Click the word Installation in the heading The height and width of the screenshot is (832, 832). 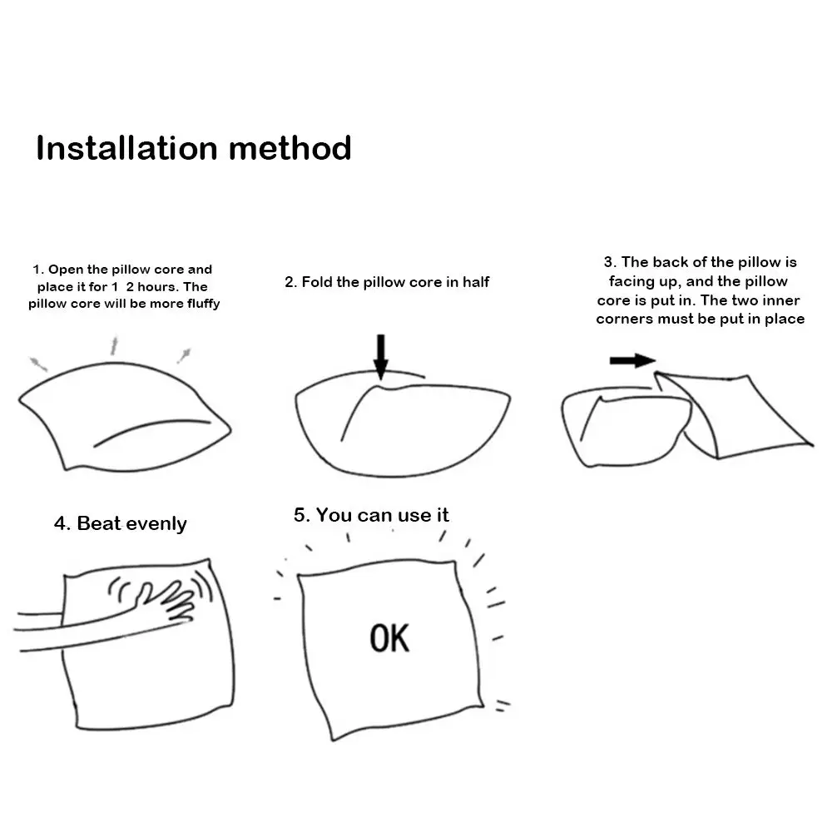pos(126,147)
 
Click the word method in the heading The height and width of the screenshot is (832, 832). pos(290,147)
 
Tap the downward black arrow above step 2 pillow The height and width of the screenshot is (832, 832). pos(380,357)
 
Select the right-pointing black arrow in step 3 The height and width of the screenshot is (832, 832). pos(632,361)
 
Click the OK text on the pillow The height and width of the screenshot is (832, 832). pos(389,638)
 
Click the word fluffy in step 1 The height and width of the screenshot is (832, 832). pos(203,304)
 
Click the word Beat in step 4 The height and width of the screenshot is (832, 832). pos(99,523)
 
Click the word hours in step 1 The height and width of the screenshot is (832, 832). pos(157,287)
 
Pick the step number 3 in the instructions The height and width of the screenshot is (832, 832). pos(609,262)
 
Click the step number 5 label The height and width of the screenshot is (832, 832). pos(302,515)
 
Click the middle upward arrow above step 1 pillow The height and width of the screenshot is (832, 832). pos(113,345)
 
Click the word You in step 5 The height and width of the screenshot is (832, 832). pos(334,515)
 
